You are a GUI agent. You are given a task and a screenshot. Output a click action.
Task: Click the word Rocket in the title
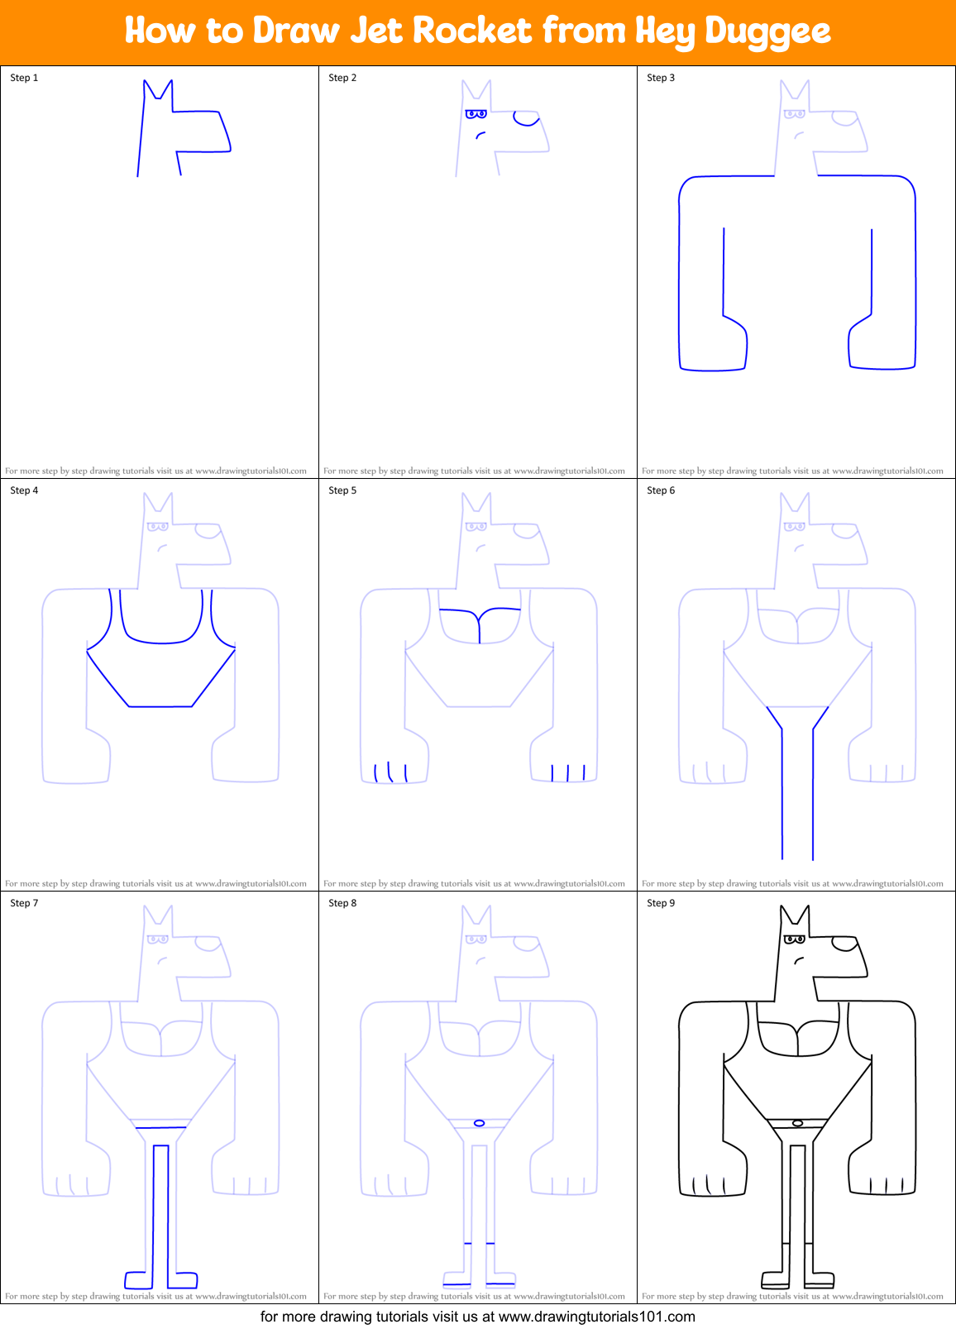471,31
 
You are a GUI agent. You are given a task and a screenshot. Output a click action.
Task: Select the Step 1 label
24,78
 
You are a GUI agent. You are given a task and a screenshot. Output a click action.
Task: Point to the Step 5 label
342,490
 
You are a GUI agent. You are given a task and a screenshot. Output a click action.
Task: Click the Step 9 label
661,903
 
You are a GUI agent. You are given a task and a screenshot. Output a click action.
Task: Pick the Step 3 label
661,78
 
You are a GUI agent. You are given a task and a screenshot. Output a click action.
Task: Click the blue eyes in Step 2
476,113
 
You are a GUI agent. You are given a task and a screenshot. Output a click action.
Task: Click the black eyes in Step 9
795,939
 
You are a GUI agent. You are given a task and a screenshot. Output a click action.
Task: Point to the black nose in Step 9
844,944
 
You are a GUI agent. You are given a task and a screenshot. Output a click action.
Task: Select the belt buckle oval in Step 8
479,1122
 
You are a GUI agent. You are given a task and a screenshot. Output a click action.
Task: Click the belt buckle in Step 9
797,1122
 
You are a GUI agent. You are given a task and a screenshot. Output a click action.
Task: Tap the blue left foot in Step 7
138,1279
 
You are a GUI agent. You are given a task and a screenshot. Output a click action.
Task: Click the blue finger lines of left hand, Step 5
390,772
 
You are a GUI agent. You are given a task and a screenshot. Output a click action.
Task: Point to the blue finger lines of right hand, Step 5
568,773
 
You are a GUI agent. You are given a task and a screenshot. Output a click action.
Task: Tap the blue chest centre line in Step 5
480,628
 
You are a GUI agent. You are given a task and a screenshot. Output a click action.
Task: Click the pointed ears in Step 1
157,89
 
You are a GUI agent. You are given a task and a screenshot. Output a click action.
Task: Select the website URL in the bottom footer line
597,1316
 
